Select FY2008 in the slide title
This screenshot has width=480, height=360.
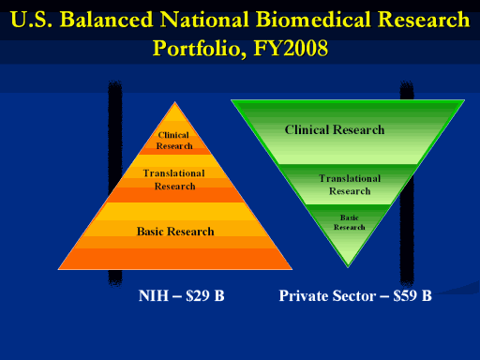click(291, 48)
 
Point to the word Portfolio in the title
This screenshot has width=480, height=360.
click(199, 49)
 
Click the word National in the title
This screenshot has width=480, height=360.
click(204, 20)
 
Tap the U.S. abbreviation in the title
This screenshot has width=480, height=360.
click(31, 20)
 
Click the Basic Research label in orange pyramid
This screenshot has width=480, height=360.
click(175, 232)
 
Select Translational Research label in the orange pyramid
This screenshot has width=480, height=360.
click(174, 180)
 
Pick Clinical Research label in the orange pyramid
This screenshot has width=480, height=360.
click(174, 141)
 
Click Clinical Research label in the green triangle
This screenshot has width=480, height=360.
click(335, 129)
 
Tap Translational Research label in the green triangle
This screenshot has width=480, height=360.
click(350, 185)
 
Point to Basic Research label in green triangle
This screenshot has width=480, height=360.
click(350, 222)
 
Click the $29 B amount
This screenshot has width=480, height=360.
click(205, 295)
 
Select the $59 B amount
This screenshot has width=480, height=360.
click(412, 295)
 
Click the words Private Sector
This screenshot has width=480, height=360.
click(327, 295)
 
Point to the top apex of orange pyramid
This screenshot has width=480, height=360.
click(175, 102)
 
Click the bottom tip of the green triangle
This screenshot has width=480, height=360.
click(348, 267)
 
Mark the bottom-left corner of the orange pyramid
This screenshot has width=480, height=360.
click(58, 269)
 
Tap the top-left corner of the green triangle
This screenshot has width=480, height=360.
click(232, 100)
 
